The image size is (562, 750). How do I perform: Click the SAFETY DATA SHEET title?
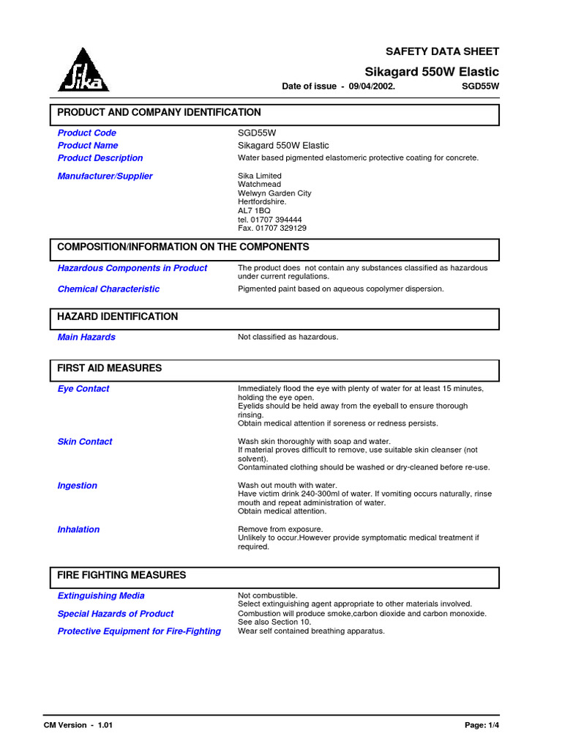[442, 51]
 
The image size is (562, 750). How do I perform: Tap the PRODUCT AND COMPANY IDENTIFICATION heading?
[159, 113]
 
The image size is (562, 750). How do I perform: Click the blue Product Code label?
[86, 133]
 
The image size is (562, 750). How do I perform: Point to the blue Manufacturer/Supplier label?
[105, 177]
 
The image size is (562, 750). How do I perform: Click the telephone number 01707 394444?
[270, 220]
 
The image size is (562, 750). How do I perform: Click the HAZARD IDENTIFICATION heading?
[117, 317]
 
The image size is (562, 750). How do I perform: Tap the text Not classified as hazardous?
[288, 338]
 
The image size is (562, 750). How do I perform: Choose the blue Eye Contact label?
[83, 389]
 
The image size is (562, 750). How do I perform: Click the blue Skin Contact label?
[85, 442]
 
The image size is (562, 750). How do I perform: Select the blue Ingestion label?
[77, 486]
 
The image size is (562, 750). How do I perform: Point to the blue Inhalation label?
[78, 530]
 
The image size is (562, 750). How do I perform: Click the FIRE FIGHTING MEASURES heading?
[121, 576]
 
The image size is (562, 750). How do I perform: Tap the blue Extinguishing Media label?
[101, 596]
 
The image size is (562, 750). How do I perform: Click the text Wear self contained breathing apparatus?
[311, 631]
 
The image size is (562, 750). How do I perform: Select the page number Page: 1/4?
[482, 725]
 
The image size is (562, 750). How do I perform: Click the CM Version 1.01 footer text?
[78, 725]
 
